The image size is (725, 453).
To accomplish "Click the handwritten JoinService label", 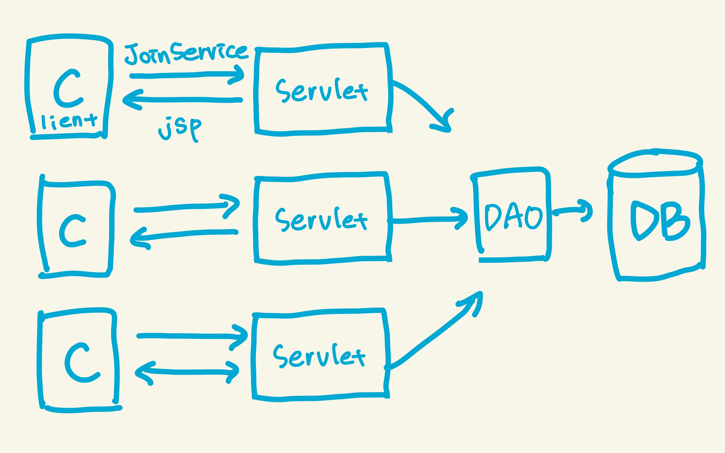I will tap(186, 53).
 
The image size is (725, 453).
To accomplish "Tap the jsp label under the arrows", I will tap(180, 128).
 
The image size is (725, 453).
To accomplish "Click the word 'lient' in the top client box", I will tap(69, 122).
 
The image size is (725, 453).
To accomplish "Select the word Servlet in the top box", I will tap(321, 91).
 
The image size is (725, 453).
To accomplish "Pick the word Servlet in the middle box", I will tap(321, 219).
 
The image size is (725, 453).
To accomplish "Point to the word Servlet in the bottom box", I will tap(319, 355).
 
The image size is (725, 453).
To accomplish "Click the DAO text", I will tap(514, 216).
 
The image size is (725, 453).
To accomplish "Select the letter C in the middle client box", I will tap(72, 231).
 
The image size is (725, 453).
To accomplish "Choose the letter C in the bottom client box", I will tap(81, 363).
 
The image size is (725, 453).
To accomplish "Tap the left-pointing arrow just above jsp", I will tap(182, 100).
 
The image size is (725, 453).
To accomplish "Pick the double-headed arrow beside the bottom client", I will tap(187, 372).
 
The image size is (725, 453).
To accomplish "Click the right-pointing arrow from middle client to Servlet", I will tap(187, 207).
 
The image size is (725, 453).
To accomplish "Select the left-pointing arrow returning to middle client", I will tap(184, 236).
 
